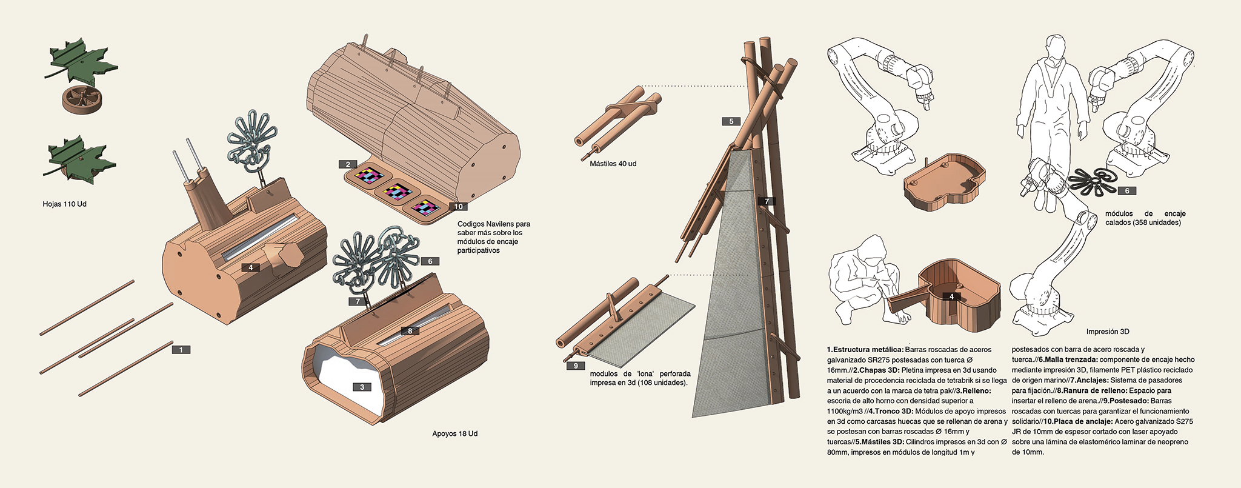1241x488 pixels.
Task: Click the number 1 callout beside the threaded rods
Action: click(x=181, y=350)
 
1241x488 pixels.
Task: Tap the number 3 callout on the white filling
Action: click(x=362, y=387)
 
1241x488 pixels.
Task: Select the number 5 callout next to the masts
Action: click(x=731, y=121)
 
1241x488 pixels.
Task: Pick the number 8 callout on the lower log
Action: click(x=410, y=331)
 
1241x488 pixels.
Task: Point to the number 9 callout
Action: click(x=575, y=366)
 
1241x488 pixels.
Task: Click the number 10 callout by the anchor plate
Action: click(x=457, y=207)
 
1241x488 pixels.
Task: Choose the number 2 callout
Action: click(x=348, y=164)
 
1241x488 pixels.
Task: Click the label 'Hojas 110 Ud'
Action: click(x=64, y=204)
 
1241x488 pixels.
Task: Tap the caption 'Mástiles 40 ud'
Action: click(x=613, y=164)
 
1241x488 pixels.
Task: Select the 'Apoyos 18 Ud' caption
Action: click(x=454, y=433)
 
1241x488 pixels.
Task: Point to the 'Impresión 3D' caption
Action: click(x=1108, y=332)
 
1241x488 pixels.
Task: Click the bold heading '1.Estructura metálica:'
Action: click(x=865, y=350)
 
